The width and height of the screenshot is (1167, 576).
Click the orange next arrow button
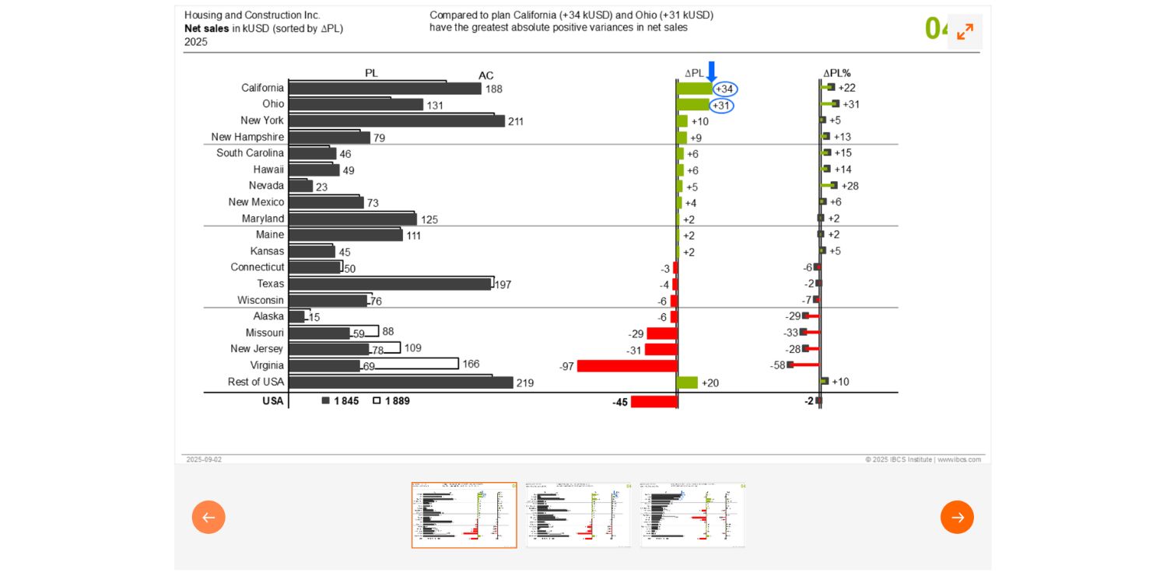pos(956,517)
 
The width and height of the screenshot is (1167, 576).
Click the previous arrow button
pos(209,517)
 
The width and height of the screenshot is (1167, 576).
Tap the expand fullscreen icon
pos(965,32)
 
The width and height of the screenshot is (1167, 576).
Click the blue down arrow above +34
pos(711,71)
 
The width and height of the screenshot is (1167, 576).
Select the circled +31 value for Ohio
pos(721,106)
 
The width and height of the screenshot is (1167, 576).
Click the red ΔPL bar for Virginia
pos(627,365)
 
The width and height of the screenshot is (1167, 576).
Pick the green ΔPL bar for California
pos(694,89)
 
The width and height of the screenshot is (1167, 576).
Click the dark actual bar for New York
pos(396,121)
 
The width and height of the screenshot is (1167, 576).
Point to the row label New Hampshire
pos(247,137)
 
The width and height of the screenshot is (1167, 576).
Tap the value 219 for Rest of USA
pos(525,382)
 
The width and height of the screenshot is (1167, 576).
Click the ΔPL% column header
pos(836,73)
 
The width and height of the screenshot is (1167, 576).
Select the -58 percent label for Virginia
pos(777,365)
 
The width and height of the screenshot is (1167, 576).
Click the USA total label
pos(273,401)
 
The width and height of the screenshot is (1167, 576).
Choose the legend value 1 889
pos(397,401)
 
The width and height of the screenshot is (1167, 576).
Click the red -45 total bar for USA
pos(654,402)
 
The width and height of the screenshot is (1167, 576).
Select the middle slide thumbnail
pos(578,515)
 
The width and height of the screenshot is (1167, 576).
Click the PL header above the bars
pos(371,73)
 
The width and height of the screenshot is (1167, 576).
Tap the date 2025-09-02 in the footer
pos(204,459)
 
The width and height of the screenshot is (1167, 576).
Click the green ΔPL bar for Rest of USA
pos(687,382)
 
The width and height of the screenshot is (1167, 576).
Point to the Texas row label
pos(271,284)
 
